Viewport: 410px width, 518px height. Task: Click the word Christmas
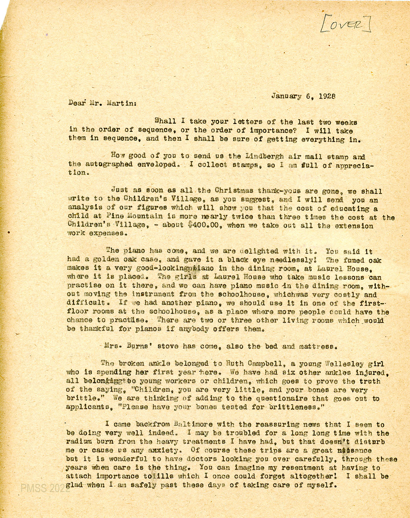(234, 191)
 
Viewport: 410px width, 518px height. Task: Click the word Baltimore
(204, 424)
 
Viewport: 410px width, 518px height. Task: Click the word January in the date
(286, 96)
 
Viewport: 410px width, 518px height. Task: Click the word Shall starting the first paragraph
(166, 122)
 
